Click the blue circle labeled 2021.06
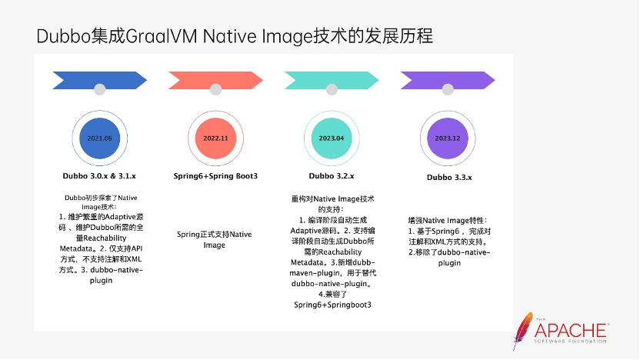click(100, 138)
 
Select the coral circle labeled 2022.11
click(216, 138)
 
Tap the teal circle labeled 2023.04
click(331, 138)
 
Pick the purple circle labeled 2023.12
click(447, 138)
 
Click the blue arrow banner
click(99, 80)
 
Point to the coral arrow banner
click(215, 80)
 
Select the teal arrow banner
click(332, 80)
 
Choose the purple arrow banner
click(448, 80)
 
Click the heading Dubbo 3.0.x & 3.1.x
click(100, 176)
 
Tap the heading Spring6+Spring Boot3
click(215, 176)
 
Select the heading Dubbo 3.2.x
click(332, 176)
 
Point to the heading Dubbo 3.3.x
click(449, 178)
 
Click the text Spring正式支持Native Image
click(215, 239)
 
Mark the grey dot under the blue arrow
click(99, 90)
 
